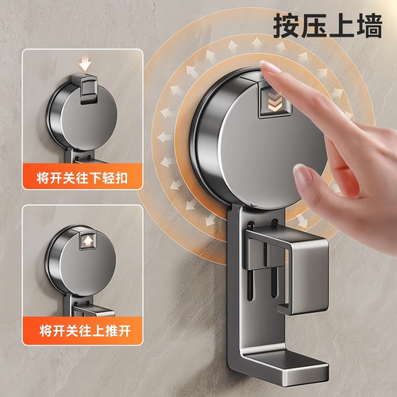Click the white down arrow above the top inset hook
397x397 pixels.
pos(86,63)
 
